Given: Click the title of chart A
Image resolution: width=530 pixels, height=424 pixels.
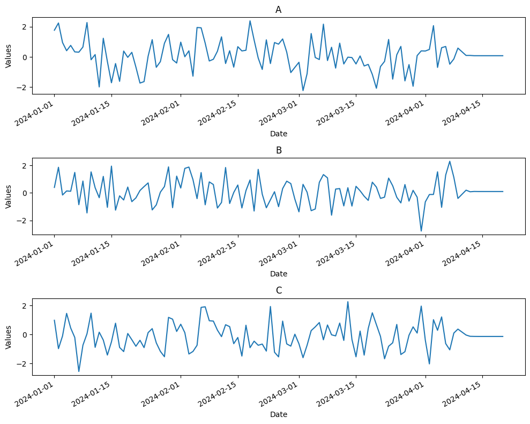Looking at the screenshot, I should [278, 10].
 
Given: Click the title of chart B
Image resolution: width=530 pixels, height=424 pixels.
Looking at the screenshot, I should [278, 150].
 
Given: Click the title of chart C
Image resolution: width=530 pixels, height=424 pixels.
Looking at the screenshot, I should [278, 290].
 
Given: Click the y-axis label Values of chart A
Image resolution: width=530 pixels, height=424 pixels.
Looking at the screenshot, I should [8, 55].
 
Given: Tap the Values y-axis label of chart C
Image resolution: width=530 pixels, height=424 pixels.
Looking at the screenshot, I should [8, 336].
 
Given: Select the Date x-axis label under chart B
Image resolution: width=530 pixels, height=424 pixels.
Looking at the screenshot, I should [278, 274].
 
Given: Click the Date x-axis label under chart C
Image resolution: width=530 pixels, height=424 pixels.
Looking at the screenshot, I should [278, 414].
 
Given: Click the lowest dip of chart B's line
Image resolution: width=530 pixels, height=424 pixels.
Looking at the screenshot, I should [421, 231].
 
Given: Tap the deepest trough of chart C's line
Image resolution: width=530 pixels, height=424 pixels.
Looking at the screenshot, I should [79, 371].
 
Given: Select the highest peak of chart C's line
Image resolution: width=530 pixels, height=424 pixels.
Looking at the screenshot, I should [348, 302].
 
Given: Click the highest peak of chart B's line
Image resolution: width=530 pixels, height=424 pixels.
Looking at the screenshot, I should [450, 162].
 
